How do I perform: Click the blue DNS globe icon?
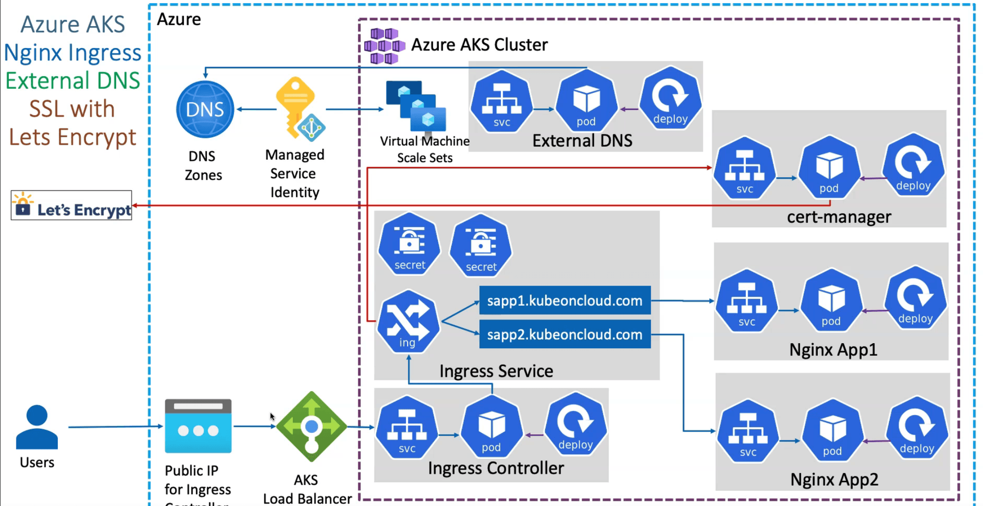coord(205,109)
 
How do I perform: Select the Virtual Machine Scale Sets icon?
coord(416,106)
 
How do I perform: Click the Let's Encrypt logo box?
coord(71,205)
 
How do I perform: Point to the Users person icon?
coord(37,427)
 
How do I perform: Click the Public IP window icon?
coord(198,426)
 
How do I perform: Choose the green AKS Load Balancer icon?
coord(311,426)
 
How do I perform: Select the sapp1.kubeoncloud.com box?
coord(565,300)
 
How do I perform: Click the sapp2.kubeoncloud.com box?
coord(565,334)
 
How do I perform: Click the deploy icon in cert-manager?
coord(913,165)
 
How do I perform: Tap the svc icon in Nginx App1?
coord(746,301)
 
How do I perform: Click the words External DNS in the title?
coord(582,141)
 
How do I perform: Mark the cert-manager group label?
coord(839,217)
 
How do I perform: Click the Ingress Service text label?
coord(496,371)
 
